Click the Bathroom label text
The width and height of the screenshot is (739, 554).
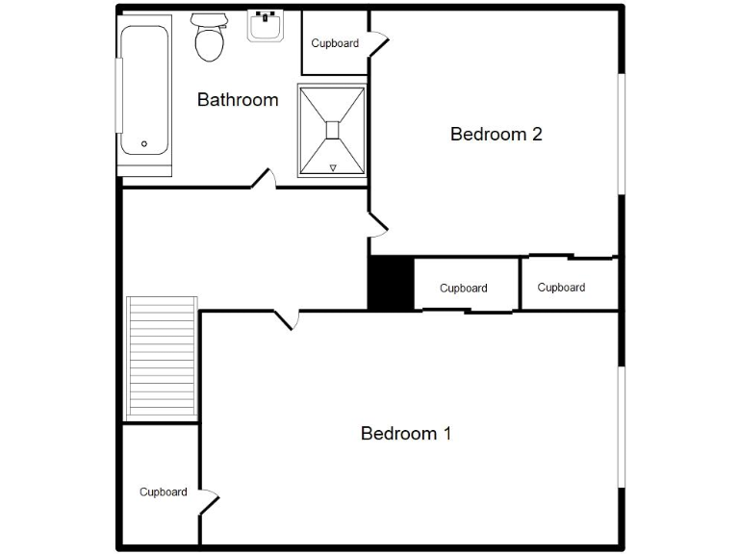[238, 100]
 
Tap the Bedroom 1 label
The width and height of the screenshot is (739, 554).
[405, 434]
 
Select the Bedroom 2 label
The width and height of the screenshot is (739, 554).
[496, 135]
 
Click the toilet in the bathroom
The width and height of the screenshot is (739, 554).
[208, 38]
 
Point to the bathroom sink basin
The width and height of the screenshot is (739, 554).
[265, 26]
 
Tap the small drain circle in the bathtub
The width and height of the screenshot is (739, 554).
[144, 144]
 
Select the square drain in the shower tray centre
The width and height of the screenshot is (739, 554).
[332, 130]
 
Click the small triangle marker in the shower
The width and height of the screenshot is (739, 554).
[333, 168]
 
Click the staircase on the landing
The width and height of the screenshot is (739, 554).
[161, 358]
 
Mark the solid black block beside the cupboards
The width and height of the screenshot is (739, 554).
[391, 284]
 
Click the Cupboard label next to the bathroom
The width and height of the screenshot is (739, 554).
[335, 43]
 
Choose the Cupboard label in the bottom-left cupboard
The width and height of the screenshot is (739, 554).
[163, 492]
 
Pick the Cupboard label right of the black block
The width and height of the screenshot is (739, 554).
[463, 289]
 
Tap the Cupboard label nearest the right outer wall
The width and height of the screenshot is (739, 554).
[561, 288]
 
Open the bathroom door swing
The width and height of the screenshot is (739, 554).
[264, 179]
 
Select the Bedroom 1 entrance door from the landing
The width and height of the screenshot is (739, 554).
[286, 318]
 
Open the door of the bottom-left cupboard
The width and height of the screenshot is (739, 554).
[208, 501]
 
